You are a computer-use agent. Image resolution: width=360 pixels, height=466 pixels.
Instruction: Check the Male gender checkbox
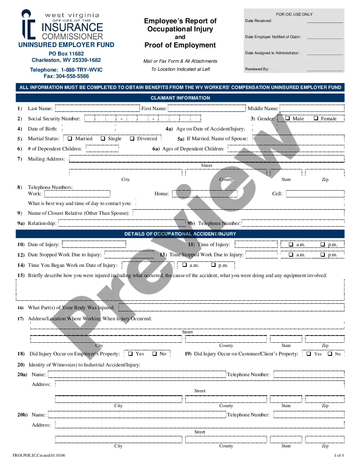click(x=288, y=119)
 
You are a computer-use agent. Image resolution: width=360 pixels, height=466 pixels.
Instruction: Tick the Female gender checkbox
click(x=316, y=119)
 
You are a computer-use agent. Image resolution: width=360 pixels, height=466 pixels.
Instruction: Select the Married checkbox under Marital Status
click(x=70, y=139)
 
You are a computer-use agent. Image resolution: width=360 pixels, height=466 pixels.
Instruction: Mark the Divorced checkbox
click(x=132, y=139)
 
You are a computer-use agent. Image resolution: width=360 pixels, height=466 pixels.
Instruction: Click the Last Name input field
click(x=97, y=109)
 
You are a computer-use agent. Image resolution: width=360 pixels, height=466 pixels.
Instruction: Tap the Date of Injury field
click(x=94, y=244)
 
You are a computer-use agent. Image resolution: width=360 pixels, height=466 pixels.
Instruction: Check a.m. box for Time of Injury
click(x=291, y=244)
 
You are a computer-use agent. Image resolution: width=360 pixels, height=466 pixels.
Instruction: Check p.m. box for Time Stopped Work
click(x=323, y=255)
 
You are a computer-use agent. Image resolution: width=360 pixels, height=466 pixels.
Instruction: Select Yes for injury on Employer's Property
click(x=130, y=354)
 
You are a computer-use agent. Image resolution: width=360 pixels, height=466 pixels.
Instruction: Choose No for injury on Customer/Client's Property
click(x=330, y=354)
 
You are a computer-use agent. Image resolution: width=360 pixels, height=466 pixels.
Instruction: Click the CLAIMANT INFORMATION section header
click(x=180, y=98)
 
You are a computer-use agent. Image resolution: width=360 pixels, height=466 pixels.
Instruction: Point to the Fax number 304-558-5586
click(x=66, y=76)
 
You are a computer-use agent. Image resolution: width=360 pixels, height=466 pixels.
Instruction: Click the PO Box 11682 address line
click(x=66, y=54)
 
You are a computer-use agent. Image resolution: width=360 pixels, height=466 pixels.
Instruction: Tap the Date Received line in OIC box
click(x=324, y=21)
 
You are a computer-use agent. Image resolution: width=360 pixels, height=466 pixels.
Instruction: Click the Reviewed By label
click(x=257, y=69)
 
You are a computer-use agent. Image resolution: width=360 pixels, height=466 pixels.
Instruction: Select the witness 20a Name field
click(x=137, y=374)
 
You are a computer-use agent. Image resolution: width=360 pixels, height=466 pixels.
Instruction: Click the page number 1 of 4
click(x=339, y=455)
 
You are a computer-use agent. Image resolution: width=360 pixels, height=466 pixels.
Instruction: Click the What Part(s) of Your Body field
click(x=231, y=308)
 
